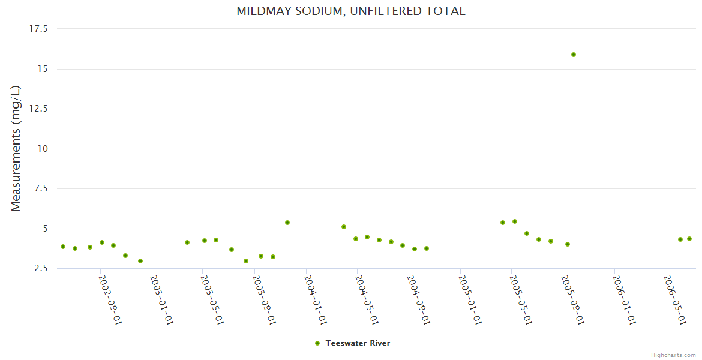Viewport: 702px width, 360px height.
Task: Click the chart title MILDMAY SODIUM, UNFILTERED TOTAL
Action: click(350, 11)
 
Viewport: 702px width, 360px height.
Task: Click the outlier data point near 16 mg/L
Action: click(574, 55)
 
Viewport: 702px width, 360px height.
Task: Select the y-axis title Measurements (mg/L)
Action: click(16, 148)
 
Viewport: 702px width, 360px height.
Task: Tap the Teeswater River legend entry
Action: click(358, 343)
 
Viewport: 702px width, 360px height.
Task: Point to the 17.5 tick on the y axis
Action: click(38, 29)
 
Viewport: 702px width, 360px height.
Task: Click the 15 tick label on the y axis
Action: click(43, 69)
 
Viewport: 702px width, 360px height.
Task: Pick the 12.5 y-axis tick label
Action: click(38, 109)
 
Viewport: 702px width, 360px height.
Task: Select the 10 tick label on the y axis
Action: click(43, 149)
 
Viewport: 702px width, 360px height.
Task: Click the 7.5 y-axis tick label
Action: click(41, 188)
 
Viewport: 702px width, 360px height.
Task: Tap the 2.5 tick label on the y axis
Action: click(41, 268)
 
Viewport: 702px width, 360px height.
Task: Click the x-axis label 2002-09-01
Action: click(110, 299)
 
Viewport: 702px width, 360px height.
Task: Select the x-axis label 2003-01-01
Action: click(161, 299)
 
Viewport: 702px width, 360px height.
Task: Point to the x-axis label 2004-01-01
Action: click(316, 299)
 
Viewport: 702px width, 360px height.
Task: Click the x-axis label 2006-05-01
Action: click(674, 299)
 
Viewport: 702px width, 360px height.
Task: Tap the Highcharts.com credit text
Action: click(673, 355)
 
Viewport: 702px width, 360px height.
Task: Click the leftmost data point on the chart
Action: click(63, 247)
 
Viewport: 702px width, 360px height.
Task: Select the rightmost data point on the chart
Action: click(689, 239)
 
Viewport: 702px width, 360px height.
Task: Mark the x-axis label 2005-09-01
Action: click(572, 299)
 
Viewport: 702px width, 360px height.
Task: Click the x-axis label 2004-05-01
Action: click(367, 299)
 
